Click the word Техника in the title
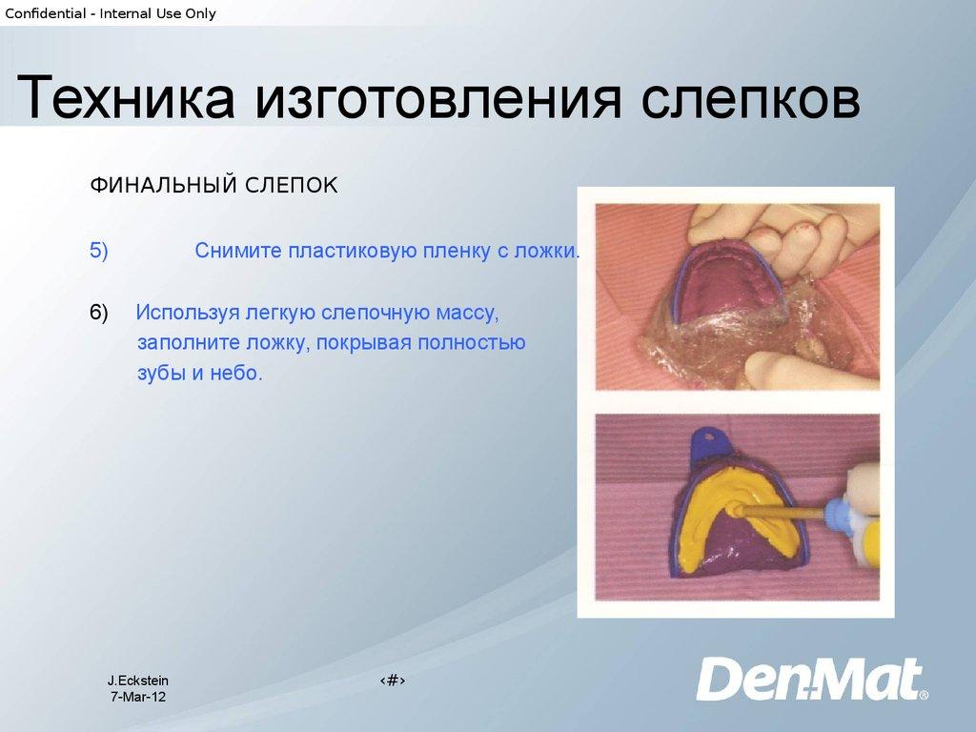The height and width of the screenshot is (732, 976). pyautogui.click(x=126, y=96)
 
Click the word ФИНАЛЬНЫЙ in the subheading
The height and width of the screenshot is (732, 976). pyautogui.click(x=163, y=185)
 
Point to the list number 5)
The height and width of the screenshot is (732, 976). pyautogui.click(x=99, y=251)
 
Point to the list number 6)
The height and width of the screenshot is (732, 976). pyautogui.click(x=99, y=312)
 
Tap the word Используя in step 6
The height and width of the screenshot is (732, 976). pyautogui.click(x=188, y=313)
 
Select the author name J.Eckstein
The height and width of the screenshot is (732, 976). pyautogui.click(x=138, y=681)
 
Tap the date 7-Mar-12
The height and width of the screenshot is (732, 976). pyautogui.click(x=138, y=697)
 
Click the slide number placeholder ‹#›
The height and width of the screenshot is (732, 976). pyautogui.click(x=393, y=681)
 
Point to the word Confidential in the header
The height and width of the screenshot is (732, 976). pyautogui.click(x=46, y=13)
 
